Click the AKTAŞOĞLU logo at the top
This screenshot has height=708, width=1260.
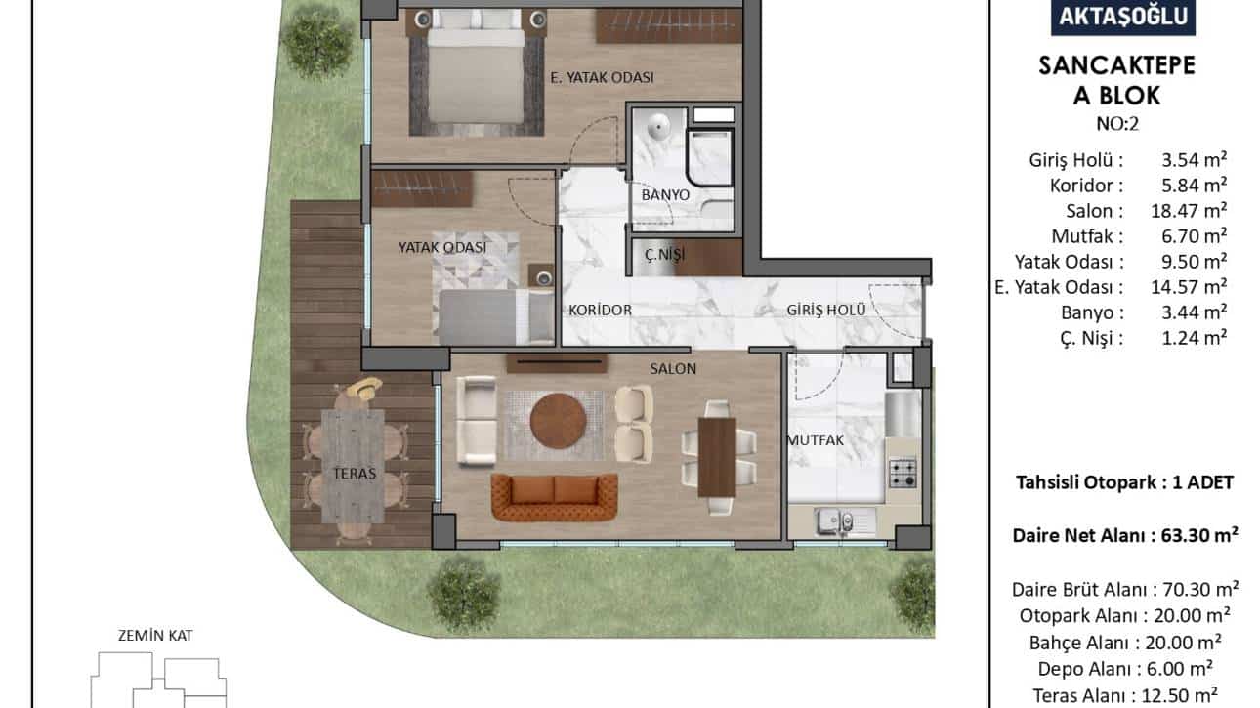(1122, 17)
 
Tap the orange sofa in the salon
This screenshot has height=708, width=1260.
(554, 496)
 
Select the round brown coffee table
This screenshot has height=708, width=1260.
(558, 421)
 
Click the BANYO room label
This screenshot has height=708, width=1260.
(665, 195)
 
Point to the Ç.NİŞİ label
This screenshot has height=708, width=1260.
(665, 255)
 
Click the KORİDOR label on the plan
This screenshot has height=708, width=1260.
(600, 310)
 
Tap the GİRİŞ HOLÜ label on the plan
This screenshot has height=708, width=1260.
(825, 310)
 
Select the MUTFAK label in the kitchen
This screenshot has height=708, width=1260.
(816, 439)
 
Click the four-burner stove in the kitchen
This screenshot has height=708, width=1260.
(903, 473)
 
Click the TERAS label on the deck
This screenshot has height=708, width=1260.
(355, 474)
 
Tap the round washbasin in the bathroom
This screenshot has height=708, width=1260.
(657, 127)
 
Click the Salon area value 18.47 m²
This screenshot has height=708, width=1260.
(1189, 210)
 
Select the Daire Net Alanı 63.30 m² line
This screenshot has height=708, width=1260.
(1125, 535)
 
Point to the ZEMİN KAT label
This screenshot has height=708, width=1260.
(155, 636)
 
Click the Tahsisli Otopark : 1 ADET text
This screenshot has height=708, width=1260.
(1124, 482)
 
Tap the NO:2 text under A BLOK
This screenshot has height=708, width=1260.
(1117, 124)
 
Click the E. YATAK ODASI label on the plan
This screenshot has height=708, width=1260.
(602, 77)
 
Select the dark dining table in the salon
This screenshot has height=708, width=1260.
(717, 457)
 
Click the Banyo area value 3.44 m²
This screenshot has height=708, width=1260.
(1194, 312)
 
